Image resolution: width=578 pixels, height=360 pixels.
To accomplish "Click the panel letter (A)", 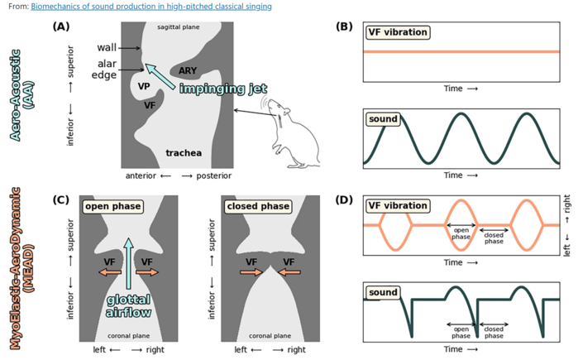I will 60,26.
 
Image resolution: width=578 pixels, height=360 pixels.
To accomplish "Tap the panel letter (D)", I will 346,199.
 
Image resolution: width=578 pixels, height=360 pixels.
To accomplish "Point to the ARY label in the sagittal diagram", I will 187,71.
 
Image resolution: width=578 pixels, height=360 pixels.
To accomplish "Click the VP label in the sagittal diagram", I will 143,85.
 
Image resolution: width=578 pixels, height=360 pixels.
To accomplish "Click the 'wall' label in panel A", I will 106,48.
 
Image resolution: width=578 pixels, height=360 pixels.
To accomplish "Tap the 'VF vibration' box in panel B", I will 398,32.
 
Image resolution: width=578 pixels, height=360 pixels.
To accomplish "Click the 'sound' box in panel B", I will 382,118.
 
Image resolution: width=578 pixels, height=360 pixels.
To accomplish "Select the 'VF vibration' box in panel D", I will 398,205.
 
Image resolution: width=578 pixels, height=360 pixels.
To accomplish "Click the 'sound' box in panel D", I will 382,291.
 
